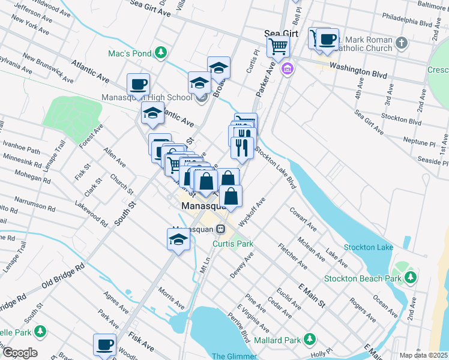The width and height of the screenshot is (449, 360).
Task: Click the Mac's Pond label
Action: [129, 53]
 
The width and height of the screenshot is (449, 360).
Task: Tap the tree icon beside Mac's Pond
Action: [160, 53]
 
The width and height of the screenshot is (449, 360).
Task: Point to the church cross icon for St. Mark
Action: [402, 43]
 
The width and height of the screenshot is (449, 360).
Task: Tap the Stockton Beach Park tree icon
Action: [411, 277]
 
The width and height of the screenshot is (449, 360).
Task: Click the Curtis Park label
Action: [233, 244]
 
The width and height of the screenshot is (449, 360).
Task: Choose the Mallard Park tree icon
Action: [310, 340]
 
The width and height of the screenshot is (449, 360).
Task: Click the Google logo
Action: [19, 353]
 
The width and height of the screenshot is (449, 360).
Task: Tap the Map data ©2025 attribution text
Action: [423, 355]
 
